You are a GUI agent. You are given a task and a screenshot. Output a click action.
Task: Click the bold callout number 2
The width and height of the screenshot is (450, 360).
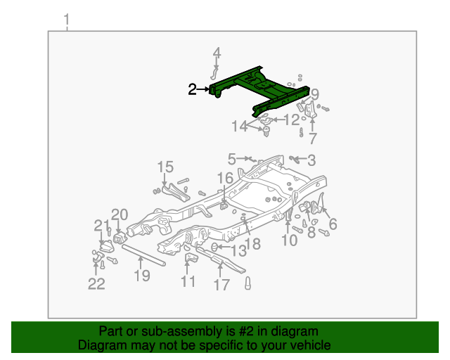coord(193,89)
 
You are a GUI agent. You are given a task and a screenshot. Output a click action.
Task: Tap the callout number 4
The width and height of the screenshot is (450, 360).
coord(217,53)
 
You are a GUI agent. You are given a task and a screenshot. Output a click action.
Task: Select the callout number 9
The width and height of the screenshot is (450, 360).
coord(314,94)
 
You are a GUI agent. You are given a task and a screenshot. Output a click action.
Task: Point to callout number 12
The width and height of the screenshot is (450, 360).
coord(291,120)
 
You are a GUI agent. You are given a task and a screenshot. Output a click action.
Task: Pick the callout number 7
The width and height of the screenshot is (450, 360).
coord(312,139)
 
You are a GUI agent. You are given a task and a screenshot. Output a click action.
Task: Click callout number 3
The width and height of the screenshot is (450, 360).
coord(311,160)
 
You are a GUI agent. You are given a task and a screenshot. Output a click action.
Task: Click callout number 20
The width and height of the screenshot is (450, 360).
coord(120,214)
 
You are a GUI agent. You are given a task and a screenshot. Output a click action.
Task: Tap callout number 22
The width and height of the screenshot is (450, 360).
coord(96,283)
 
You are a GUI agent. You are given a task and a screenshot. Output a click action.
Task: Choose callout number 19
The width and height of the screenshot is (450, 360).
coord(142,276)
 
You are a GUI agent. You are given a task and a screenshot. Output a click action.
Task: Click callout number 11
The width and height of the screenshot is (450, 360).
coord(187,282)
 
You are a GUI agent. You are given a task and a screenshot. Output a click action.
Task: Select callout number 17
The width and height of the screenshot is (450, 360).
coord(221,285)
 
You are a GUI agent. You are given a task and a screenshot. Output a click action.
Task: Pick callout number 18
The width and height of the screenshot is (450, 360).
coord(252,243)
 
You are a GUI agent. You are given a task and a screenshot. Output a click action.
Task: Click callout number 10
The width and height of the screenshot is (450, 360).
coord(289,240)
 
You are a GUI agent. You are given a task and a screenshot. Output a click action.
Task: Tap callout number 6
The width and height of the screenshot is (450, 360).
coord(333,224)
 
